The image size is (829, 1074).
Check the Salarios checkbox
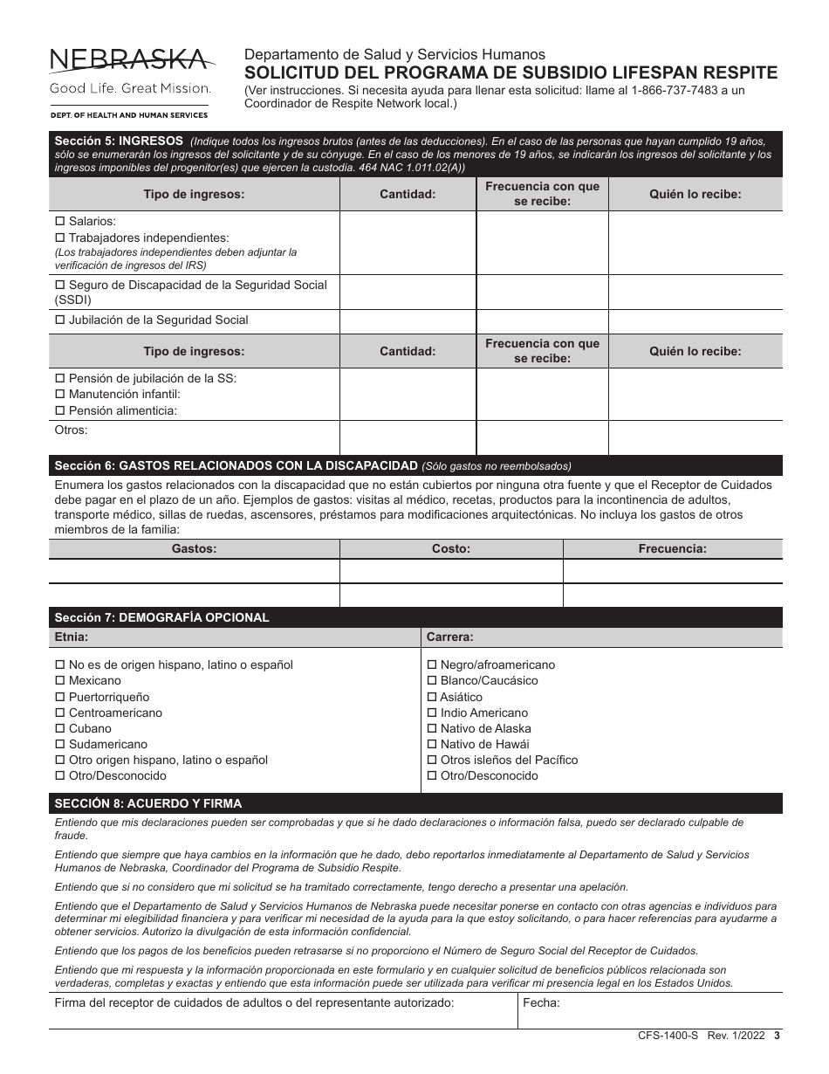click(60, 222)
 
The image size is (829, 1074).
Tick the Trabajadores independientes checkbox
click(60, 238)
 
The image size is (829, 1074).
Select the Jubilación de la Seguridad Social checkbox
click(60, 320)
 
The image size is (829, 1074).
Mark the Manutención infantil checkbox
click(60, 395)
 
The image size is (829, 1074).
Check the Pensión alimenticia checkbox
click(60, 410)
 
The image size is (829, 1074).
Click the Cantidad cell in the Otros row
click(408, 437)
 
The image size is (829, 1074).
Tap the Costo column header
click(451, 549)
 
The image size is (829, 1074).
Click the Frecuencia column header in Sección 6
click(672, 549)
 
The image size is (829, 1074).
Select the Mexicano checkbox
click(60, 681)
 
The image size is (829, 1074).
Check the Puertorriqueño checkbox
click(60, 697)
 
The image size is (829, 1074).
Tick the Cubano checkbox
click(60, 729)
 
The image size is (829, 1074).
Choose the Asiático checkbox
click(432, 697)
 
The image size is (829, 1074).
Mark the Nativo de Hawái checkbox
click(432, 745)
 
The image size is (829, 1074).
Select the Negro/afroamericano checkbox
click(432, 665)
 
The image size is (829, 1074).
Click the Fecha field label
click(541, 1003)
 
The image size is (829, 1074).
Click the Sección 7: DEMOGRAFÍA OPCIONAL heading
click(161, 617)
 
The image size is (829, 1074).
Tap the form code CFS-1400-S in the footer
click(668, 1036)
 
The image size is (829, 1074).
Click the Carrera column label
click(450, 637)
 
